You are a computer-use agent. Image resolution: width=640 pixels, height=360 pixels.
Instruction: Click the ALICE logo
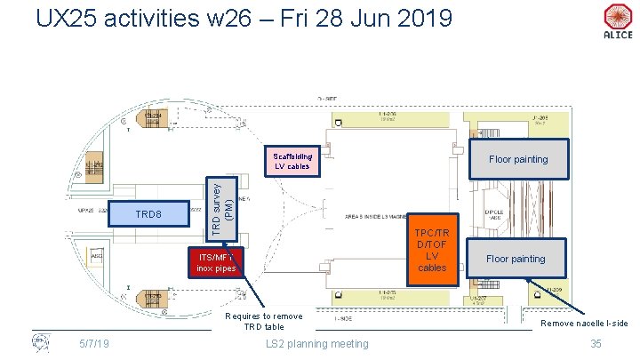tap(617, 21)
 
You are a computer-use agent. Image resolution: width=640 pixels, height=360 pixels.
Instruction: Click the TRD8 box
tap(148, 215)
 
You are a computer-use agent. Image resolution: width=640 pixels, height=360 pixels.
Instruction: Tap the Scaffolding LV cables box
tap(292, 160)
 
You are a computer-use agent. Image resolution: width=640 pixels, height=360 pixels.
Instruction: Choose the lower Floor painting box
tap(516, 259)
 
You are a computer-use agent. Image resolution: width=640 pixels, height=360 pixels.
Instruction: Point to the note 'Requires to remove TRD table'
tap(264, 321)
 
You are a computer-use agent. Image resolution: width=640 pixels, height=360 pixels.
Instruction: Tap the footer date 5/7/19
tap(92, 344)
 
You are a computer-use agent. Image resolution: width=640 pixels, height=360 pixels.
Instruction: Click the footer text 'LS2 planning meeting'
tap(317, 344)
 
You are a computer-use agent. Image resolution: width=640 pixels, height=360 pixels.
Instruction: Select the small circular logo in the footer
tap(40, 343)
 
